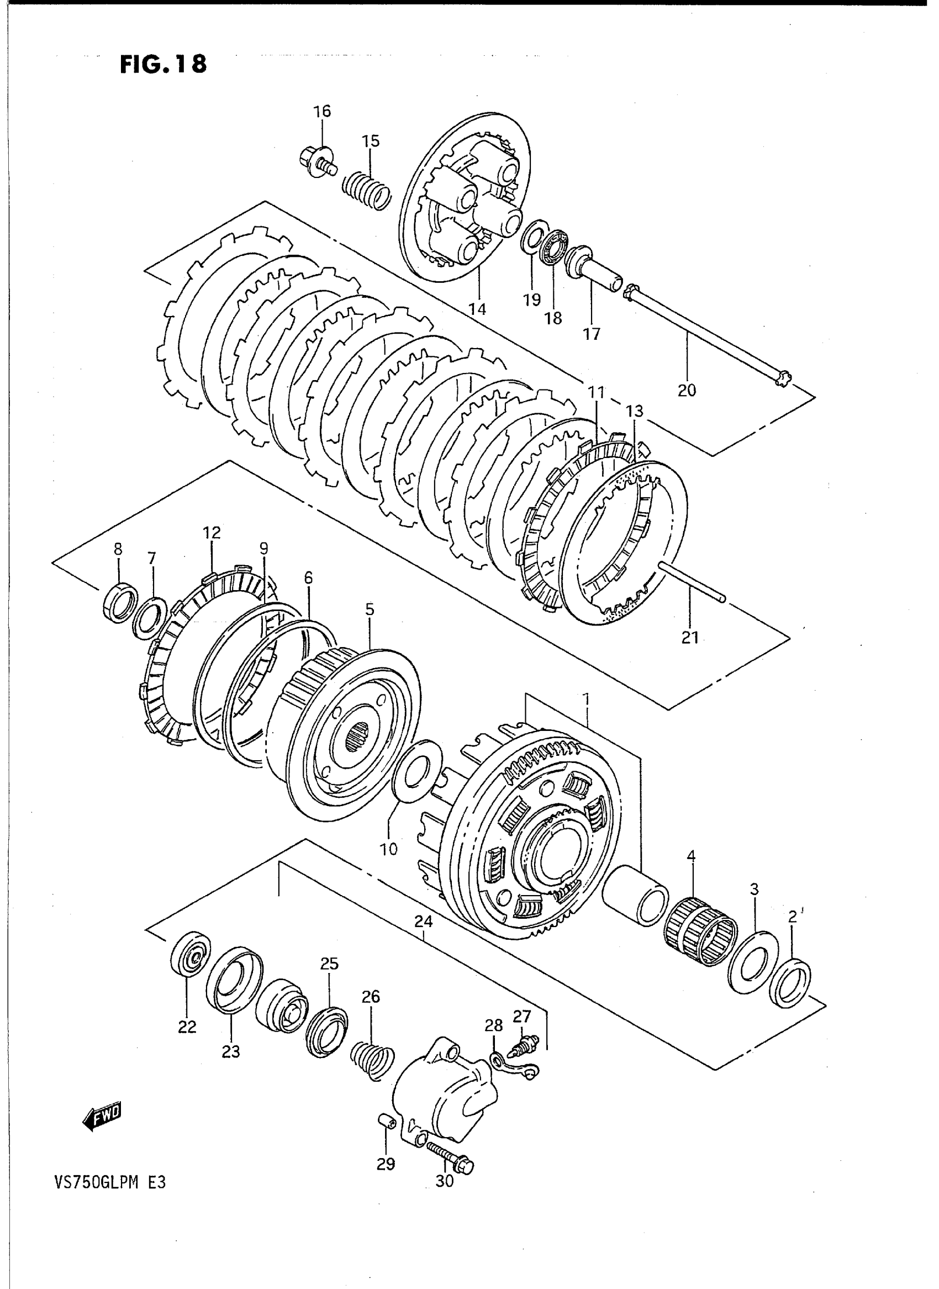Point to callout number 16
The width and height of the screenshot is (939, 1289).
click(x=321, y=111)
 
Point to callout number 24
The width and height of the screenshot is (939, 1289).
click(x=423, y=922)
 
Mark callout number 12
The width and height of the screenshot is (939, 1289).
click(x=212, y=533)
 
